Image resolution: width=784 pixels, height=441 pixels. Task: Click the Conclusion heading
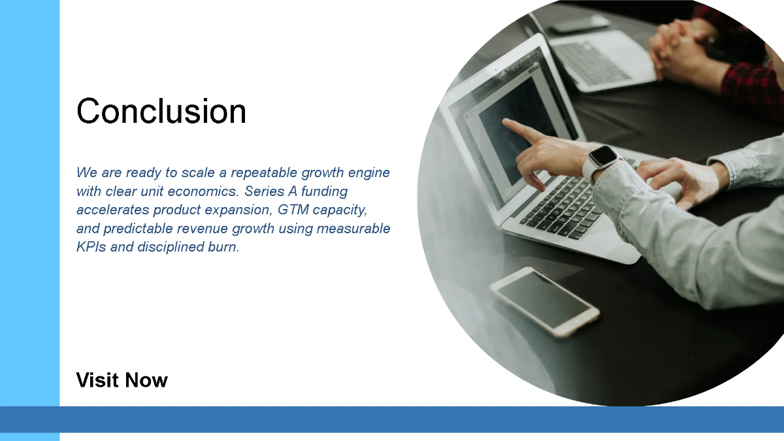[161, 111]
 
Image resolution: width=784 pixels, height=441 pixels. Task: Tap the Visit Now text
[122, 380]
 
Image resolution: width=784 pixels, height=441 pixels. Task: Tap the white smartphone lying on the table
[544, 301]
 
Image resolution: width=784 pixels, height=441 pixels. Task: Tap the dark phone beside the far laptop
[580, 24]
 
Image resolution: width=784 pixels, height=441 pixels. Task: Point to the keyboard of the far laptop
[591, 62]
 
